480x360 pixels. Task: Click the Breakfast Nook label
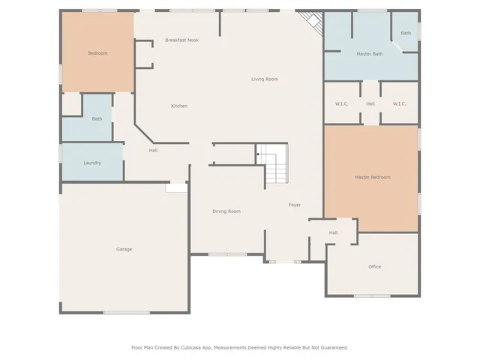(x=181, y=40)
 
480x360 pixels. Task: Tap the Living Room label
(x=265, y=79)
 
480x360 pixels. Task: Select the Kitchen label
(x=179, y=106)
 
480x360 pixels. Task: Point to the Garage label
(x=124, y=249)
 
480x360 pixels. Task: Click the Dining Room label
(x=226, y=211)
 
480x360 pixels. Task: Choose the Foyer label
(x=295, y=205)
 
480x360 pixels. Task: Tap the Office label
(x=374, y=267)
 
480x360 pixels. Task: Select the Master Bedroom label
(x=372, y=177)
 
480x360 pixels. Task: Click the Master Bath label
(x=369, y=54)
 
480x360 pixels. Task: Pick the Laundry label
(x=92, y=163)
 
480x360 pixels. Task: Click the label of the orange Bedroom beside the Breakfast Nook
(x=97, y=53)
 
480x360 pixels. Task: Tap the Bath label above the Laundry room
(x=97, y=118)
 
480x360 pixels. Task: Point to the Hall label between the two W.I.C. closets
(x=370, y=103)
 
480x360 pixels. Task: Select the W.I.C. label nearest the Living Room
(x=341, y=103)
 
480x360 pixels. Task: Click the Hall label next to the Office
(x=333, y=232)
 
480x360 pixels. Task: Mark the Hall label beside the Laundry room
(x=153, y=151)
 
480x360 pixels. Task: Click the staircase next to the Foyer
(x=274, y=164)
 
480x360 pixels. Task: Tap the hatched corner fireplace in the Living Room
(x=310, y=23)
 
